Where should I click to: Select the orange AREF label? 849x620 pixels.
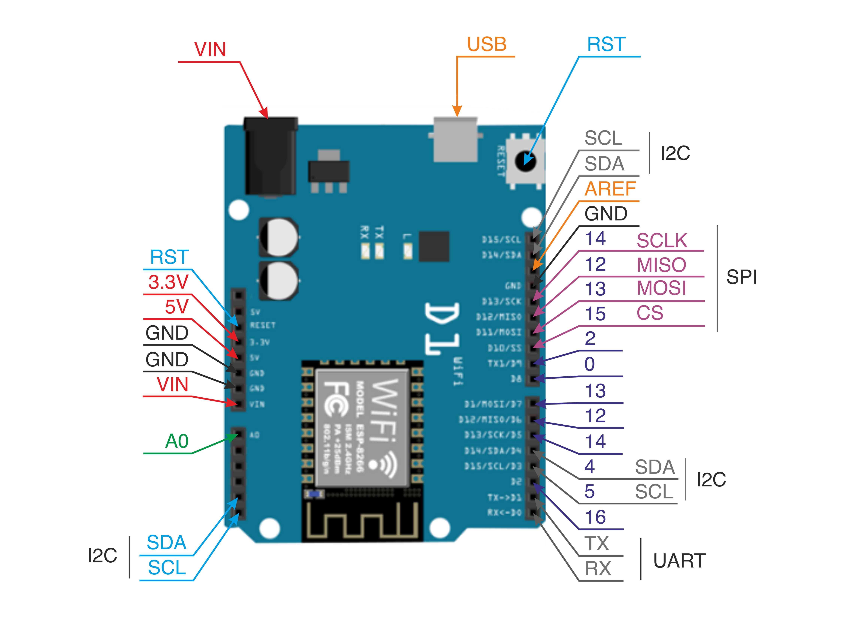(610, 189)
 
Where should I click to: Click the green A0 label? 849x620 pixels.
(177, 441)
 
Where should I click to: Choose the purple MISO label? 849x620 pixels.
(661, 265)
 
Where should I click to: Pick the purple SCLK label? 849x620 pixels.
(662, 241)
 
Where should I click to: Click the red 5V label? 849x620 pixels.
(176, 307)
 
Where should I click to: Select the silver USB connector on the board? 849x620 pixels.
(455, 140)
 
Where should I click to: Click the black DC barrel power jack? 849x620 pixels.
(270, 156)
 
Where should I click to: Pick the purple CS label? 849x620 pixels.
(650, 313)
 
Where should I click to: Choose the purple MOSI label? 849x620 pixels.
(661, 288)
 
